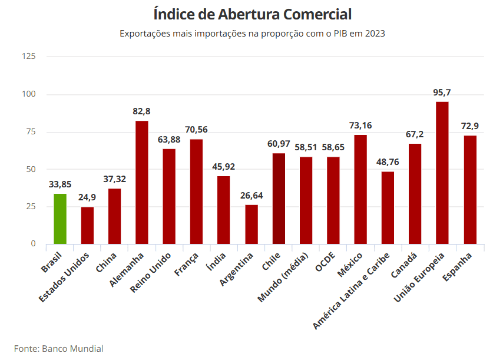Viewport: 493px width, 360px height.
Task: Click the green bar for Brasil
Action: [x=60, y=219]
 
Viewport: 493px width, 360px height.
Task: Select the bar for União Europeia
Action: [x=442, y=173]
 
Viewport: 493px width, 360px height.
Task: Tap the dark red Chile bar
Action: [x=279, y=199]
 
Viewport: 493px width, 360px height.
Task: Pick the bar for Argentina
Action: [x=252, y=224]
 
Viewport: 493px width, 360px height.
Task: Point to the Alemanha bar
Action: [x=142, y=182]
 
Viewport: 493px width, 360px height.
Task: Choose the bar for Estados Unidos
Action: [x=87, y=225]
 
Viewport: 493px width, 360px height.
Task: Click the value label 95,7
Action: [x=442, y=93]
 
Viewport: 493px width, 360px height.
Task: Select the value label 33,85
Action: [x=60, y=184]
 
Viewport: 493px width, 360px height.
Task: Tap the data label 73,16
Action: [x=360, y=125]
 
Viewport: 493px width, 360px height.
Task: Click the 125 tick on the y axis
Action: [x=29, y=57]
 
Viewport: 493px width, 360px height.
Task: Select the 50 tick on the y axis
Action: [x=31, y=169]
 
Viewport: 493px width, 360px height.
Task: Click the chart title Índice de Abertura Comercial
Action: [x=252, y=14]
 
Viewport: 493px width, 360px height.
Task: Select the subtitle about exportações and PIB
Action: [x=252, y=34]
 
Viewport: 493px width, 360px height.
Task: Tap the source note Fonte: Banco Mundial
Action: [x=59, y=348]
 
